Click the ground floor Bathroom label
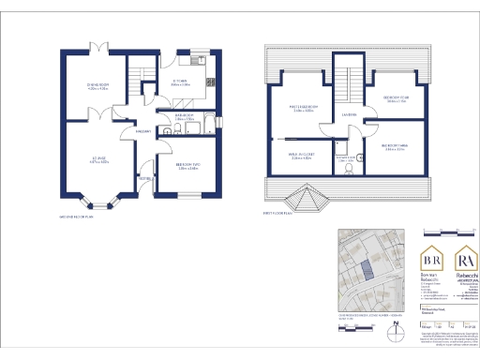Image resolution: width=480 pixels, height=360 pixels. coord(185,117)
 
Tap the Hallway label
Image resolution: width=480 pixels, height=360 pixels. coord(143,131)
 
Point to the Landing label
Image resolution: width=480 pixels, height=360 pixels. coord(349,114)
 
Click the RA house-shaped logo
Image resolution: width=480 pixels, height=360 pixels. coord(466,257)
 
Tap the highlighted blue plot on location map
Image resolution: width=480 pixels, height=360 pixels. coord(367,267)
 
